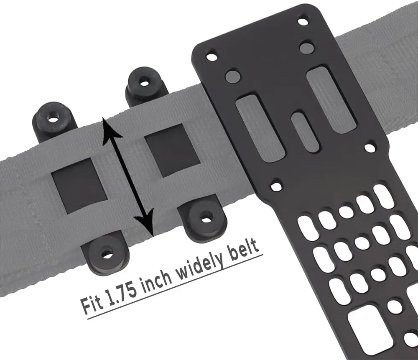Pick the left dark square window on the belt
pos(79,186)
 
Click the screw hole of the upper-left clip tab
pos(54,119)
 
